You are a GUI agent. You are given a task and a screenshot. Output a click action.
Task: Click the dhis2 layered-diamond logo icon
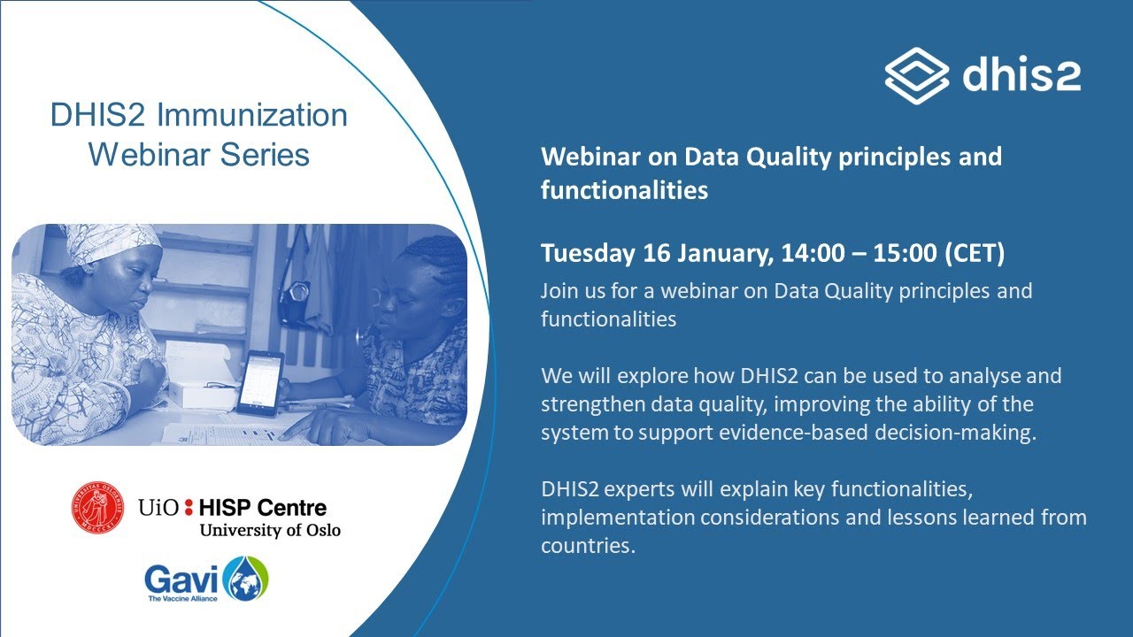coord(917,76)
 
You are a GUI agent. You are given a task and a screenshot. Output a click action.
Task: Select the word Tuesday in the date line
coord(588,253)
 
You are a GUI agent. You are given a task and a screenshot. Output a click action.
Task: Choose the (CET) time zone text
coord(974,253)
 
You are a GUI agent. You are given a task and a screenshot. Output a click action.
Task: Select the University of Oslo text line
coord(269,530)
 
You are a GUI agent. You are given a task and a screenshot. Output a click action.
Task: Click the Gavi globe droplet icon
coord(245,579)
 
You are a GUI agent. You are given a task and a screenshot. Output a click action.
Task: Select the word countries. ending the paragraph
coord(588,546)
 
